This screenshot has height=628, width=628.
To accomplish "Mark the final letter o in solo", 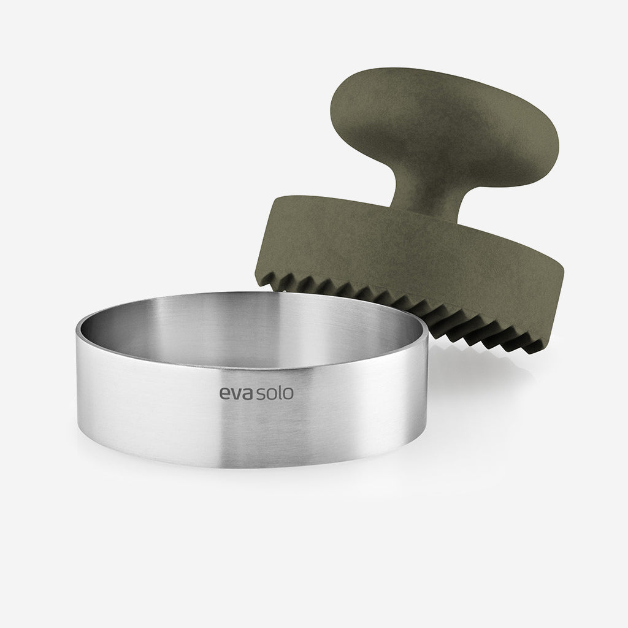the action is [288, 394].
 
